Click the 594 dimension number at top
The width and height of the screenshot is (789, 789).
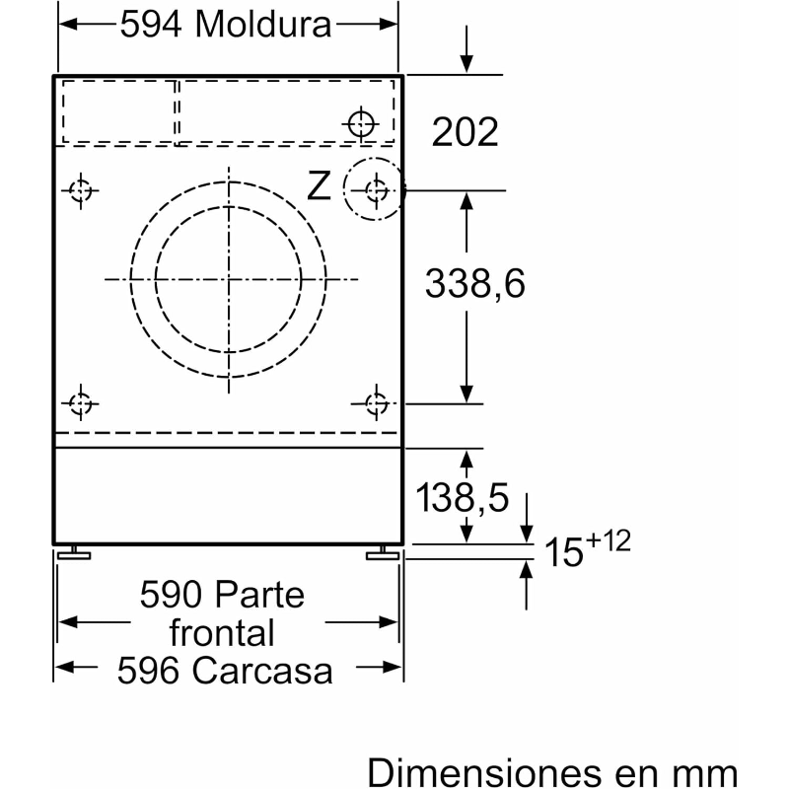point(151,24)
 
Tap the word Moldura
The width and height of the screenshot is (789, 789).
point(263,24)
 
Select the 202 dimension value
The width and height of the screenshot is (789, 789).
point(465,132)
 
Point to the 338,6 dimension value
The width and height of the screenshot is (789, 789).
point(475,283)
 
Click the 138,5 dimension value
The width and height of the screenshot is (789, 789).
point(463,498)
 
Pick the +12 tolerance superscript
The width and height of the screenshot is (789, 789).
point(608,541)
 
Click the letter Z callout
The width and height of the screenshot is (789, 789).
point(319,185)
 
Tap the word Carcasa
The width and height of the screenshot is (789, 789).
point(262,671)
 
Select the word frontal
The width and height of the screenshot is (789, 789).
point(222,632)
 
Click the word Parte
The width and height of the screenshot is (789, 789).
point(259,595)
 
